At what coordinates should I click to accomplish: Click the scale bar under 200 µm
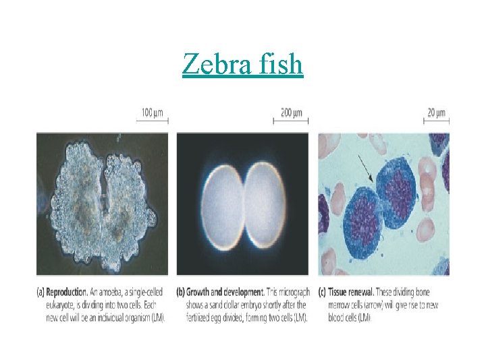click(x=291, y=121)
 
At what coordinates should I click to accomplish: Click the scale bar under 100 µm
click(x=154, y=121)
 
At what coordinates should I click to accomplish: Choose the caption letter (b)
click(x=182, y=293)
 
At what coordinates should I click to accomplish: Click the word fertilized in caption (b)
click(x=201, y=318)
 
